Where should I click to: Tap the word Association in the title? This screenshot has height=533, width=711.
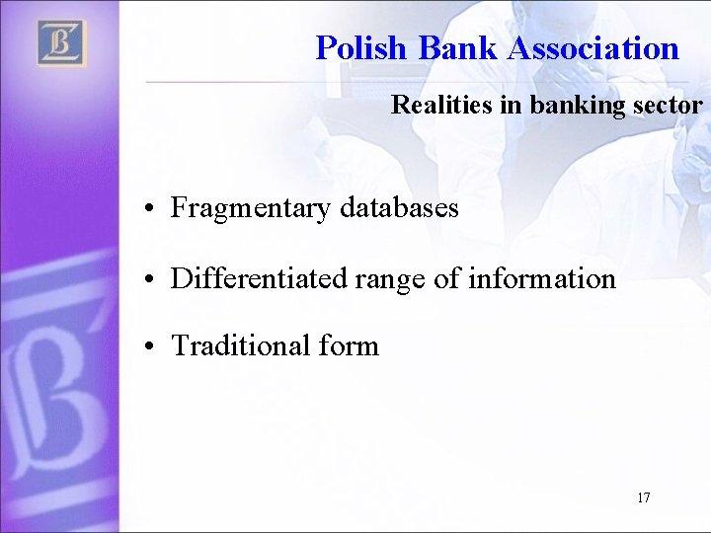click(x=593, y=48)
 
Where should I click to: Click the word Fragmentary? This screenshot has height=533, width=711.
click(x=251, y=208)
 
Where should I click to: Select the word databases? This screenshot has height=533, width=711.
click(x=399, y=208)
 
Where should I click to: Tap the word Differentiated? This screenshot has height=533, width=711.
click(x=258, y=279)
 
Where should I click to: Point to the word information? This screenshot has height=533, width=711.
click(x=541, y=279)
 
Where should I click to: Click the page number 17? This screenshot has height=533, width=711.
click(x=644, y=497)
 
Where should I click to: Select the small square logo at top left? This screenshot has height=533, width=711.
click(x=62, y=43)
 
